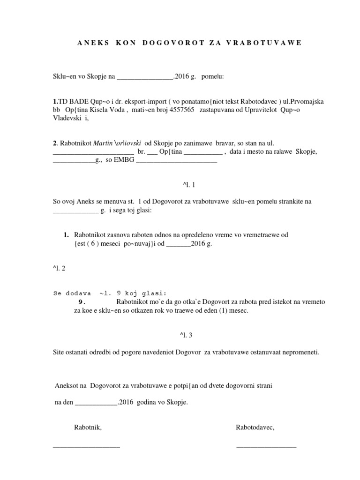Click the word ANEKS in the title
point(92,43)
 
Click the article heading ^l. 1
point(180,185)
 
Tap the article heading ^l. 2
point(60,269)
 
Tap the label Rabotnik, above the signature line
point(88,427)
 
